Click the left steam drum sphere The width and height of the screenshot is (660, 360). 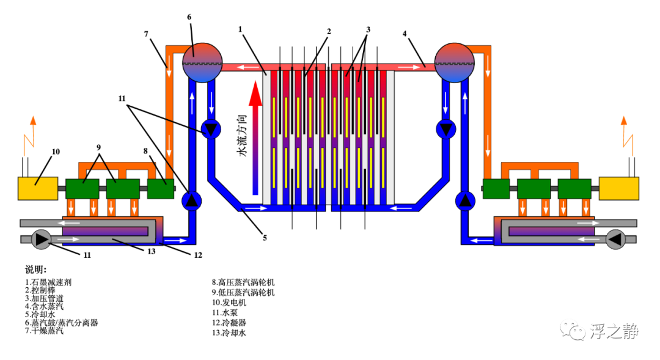point(202,63)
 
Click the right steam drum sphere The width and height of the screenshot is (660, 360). point(454,63)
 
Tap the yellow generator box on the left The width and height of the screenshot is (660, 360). point(38,188)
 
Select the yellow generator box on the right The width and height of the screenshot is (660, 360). point(618,188)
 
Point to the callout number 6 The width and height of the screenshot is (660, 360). point(189,17)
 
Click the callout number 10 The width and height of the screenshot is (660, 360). point(56,152)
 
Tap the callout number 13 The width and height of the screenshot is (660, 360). point(152,251)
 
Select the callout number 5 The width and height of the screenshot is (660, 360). point(265,238)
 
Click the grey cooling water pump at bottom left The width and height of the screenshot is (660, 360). point(42,239)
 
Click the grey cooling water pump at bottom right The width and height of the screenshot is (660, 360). point(615,239)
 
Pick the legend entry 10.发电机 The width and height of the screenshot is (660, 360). point(229,303)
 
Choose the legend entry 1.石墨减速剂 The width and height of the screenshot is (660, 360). point(48,282)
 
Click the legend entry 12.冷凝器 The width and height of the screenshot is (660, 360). point(229,323)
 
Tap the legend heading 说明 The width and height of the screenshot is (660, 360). point(36,270)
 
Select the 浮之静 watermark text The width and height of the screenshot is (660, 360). point(614,331)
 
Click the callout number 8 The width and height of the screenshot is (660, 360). point(145,151)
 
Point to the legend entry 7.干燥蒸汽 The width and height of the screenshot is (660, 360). point(44,331)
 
